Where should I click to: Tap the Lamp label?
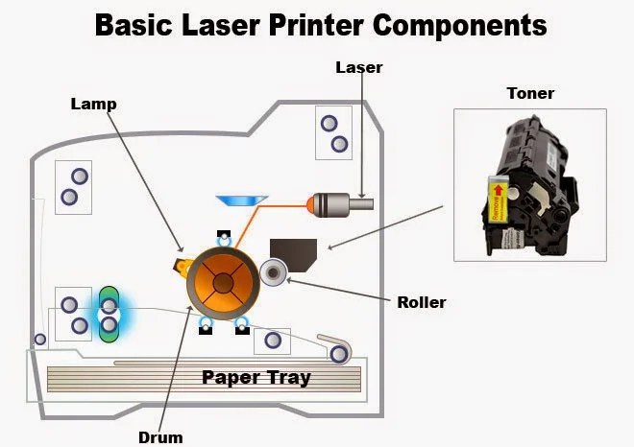point(94,104)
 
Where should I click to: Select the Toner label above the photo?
point(530,93)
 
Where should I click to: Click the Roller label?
point(422,302)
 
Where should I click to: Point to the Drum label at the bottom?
point(159,437)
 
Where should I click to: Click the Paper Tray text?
point(256,377)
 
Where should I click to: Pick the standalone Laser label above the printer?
point(359,67)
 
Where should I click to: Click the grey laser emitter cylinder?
point(342,203)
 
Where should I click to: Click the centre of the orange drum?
point(223,280)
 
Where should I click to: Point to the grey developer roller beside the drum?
point(274,274)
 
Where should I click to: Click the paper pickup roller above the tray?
point(338,354)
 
